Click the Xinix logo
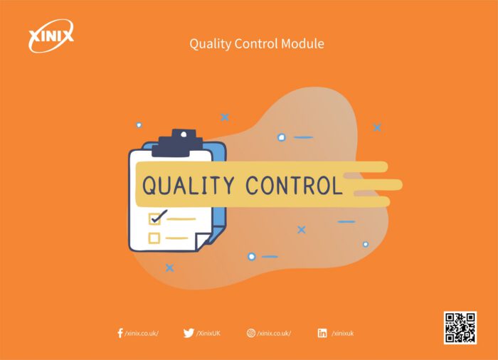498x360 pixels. [51, 36]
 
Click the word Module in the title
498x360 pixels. [302, 43]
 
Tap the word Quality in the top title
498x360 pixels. [211, 44]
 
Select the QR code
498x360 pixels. [460, 327]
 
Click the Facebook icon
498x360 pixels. [120, 333]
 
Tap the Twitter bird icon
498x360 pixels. [189, 333]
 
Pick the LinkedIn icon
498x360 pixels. [322, 333]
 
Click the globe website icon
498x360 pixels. [251, 333]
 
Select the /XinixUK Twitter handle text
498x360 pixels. [208, 333]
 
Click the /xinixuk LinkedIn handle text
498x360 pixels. [343, 333]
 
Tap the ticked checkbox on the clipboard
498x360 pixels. [154, 218]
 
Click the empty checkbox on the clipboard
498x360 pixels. [154, 238]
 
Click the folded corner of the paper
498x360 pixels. [202, 241]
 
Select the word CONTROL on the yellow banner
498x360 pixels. [294, 185]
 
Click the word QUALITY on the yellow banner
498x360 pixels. [188, 185]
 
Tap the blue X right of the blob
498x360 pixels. [377, 127]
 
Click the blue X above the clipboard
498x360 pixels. [225, 117]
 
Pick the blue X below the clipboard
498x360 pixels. [170, 268]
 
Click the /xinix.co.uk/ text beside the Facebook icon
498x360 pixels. [142, 333]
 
